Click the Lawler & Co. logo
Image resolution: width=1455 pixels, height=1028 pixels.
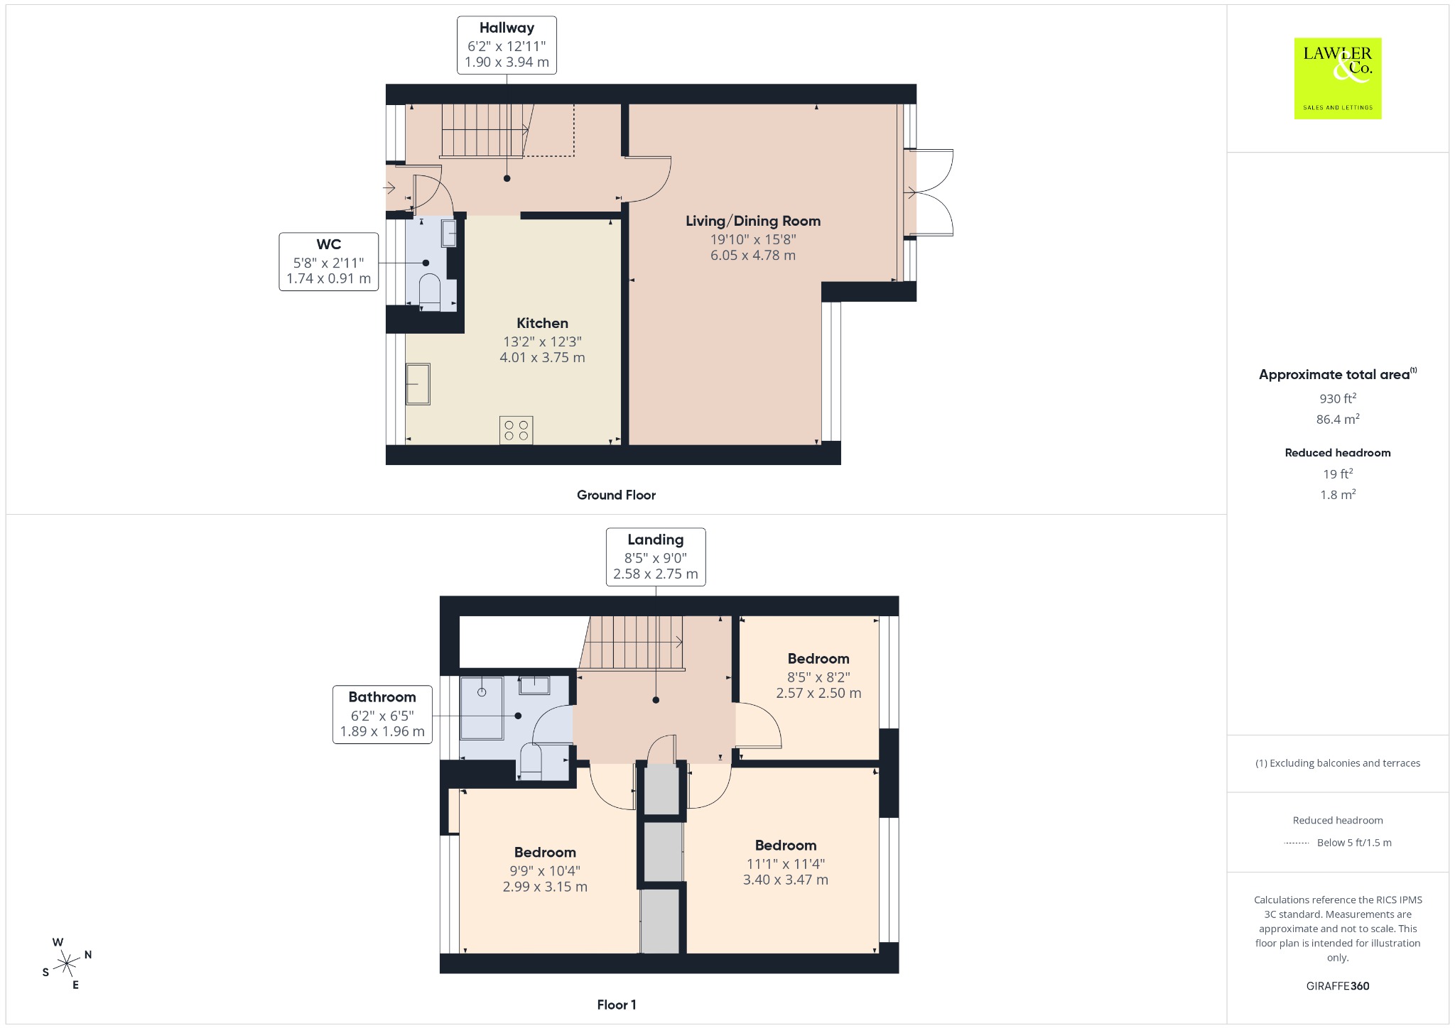point(1337,78)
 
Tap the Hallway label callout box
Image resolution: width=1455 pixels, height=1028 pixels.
point(507,45)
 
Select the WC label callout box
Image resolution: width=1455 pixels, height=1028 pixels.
point(328,261)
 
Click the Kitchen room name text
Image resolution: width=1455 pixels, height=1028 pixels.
point(542,323)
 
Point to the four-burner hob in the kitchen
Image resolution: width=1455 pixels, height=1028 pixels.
point(516,431)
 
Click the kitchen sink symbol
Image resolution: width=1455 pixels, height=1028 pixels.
point(418,384)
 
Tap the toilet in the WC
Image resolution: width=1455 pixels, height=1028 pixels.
point(430,293)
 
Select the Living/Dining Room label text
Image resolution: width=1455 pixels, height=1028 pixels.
point(753,221)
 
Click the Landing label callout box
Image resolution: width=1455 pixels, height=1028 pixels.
point(656,557)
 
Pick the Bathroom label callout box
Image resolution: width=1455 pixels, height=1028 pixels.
point(382,714)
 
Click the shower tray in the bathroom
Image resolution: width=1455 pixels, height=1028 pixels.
point(482,709)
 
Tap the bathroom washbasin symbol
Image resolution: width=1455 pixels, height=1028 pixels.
point(534,685)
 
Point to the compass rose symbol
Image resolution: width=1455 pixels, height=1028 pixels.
point(67,963)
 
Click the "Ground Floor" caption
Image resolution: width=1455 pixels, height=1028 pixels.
point(616,495)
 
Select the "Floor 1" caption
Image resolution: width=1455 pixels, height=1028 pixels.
point(617,1005)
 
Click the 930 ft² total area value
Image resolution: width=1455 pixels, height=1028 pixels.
point(1338,398)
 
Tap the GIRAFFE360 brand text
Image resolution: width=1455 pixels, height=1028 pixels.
point(1338,985)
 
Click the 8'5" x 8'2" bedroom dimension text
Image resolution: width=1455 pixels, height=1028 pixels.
point(818,677)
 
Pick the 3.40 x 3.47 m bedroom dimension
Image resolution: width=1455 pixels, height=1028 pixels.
point(786,880)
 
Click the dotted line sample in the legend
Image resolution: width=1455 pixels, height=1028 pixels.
point(1297,843)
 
